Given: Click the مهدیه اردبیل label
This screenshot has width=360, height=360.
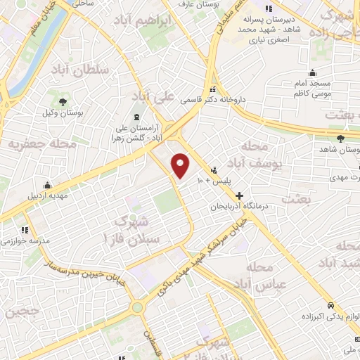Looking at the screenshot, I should point(49,195).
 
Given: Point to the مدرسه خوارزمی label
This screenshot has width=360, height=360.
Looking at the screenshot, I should point(26,240).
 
